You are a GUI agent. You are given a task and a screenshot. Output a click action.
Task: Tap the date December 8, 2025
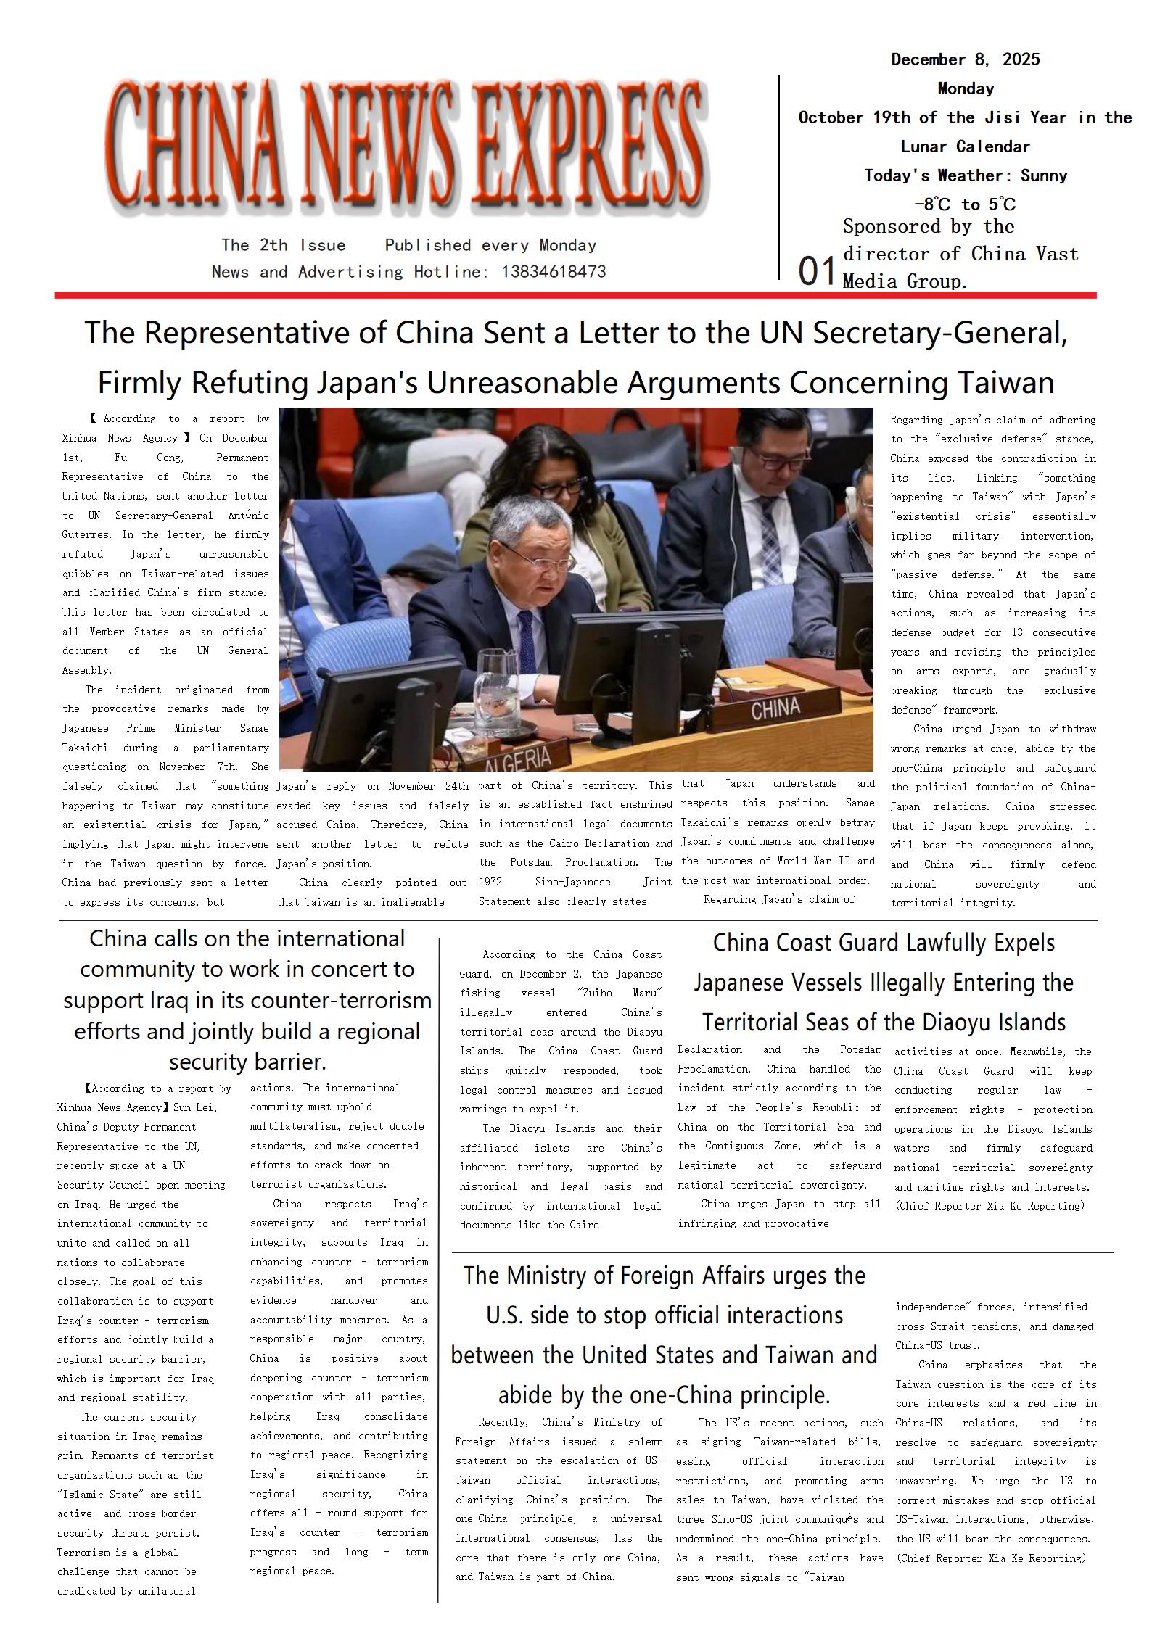(x=965, y=59)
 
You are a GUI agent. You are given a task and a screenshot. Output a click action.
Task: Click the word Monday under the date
(x=965, y=88)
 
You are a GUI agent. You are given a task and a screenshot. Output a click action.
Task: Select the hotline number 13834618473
(x=553, y=272)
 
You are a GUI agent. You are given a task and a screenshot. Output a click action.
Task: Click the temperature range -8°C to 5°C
(x=965, y=204)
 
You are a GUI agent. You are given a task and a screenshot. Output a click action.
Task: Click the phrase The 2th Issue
(x=283, y=245)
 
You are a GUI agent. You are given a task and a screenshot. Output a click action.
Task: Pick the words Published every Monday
(x=490, y=245)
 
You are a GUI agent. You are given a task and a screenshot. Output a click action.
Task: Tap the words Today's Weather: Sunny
(x=965, y=175)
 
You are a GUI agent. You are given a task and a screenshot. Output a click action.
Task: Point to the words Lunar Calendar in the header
(x=965, y=146)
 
